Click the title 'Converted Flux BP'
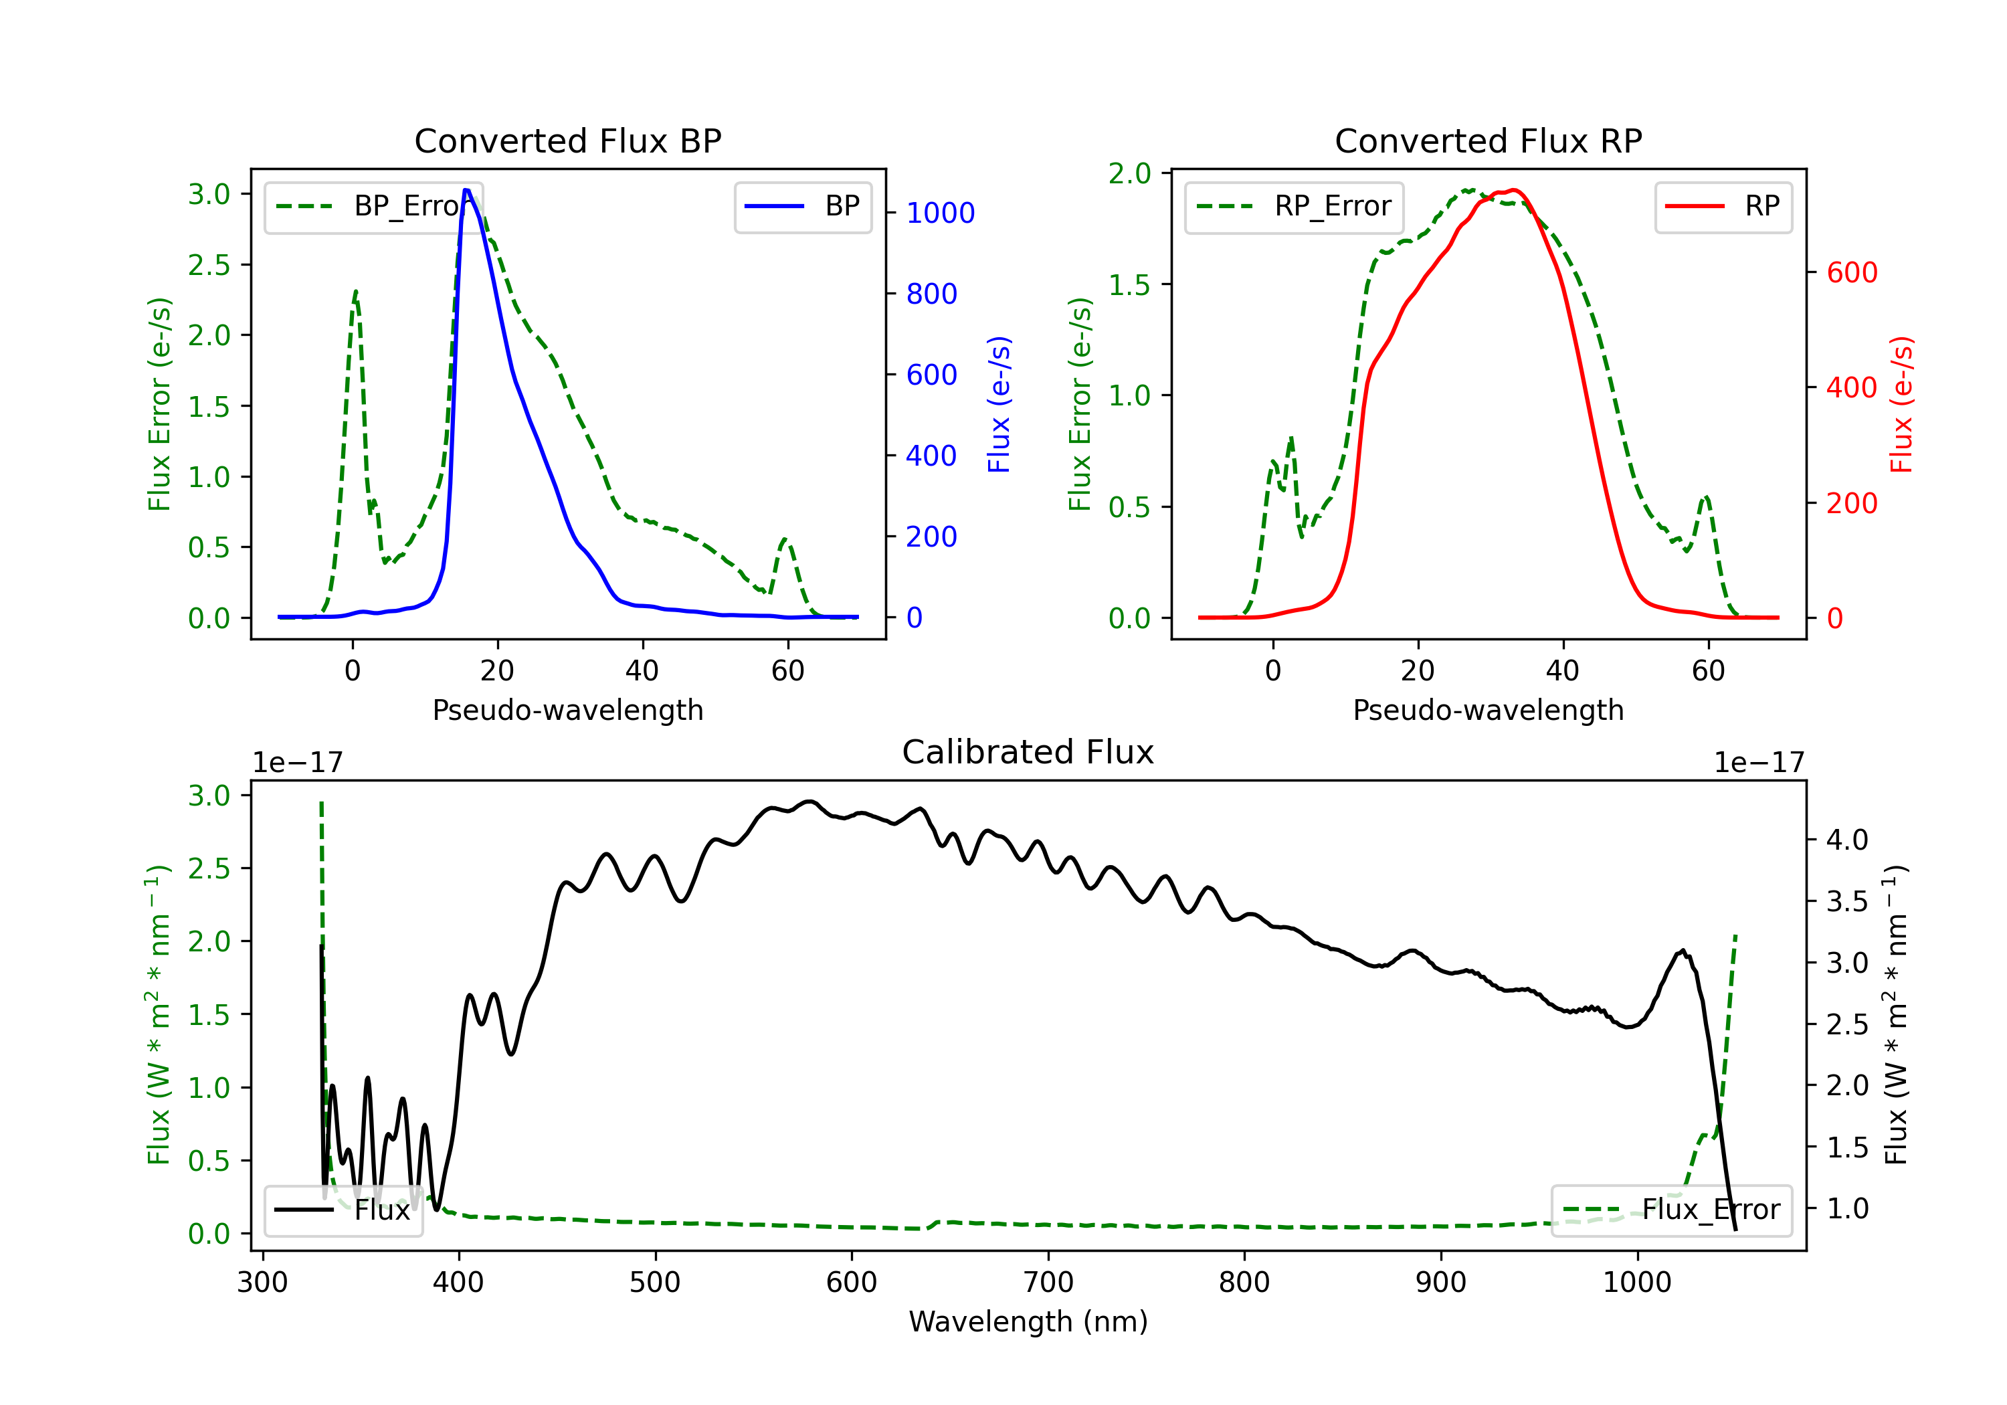point(567,140)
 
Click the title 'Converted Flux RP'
point(1488,140)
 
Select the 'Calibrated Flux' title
point(1028,752)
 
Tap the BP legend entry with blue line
point(802,206)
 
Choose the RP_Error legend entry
point(1294,206)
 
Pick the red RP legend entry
point(1723,206)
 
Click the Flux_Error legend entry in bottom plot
point(1671,1210)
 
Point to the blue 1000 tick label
point(941,213)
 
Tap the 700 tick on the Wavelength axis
point(1048,1282)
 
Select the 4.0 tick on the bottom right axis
point(1847,840)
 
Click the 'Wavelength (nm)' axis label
point(1028,1321)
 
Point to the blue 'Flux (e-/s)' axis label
point(999,404)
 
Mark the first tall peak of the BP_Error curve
point(356,291)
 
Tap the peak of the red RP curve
point(1513,190)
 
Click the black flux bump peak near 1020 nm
point(1683,950)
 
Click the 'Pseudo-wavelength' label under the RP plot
point(1488,710)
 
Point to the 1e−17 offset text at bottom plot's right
point(1759,763)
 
